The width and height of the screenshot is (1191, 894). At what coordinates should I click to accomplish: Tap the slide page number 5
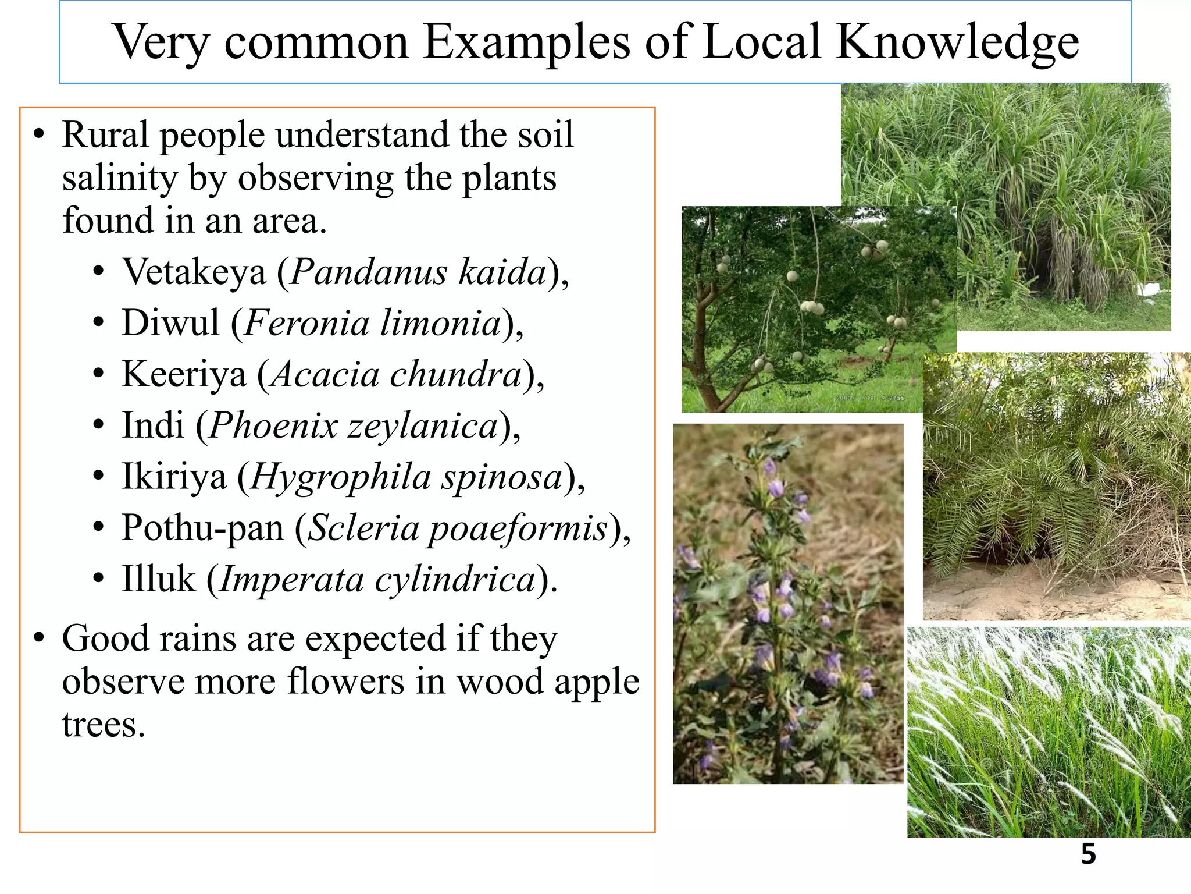pyautogui.click(x=1088, y=854)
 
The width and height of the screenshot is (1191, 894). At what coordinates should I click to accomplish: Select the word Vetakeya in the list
pyautogui.click(x=194, y=272)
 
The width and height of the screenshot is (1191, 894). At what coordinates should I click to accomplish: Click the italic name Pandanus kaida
pyautogui.click(x=418, y=272)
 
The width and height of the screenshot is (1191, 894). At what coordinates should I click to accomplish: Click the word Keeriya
pyautogui.click(x=184, y=374)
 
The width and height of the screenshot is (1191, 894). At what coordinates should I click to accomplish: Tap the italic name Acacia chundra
pyautogui.click(x=397, y=374)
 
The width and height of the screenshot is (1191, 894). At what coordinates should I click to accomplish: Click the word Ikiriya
pyautogui.click(x=174, y=476)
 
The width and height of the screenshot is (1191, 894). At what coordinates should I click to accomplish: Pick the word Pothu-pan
pyautogui.click(x=202, y=527)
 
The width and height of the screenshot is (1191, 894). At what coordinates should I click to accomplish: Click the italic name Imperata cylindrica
pyautogui.click(x=377, y=579)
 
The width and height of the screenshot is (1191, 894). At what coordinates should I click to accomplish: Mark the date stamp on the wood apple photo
pyautogui.click(x=869, y=398)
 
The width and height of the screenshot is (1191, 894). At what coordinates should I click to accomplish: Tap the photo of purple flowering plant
pyautogui.click(x=788, y=603)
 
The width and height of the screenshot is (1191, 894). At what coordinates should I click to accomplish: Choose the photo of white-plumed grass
pyautogui.click(x=1049, y=732)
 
